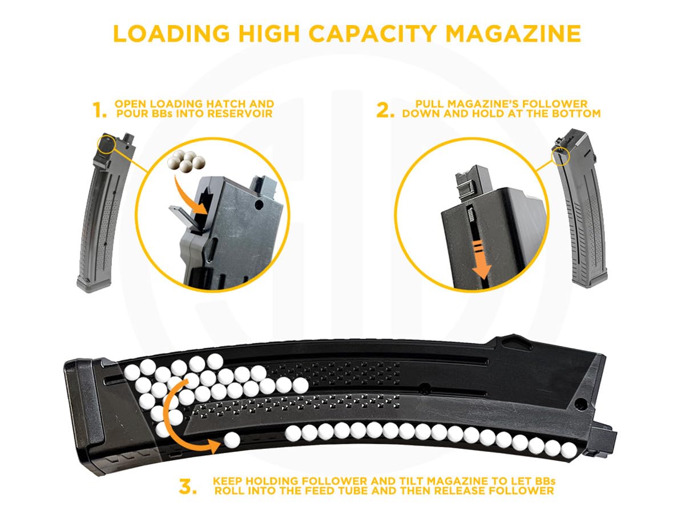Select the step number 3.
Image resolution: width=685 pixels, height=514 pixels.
click(x=188, y=487)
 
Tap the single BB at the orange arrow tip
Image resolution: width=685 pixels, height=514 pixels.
click(x=231, y=440)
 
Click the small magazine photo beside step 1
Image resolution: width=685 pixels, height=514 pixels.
click(x=103, y=211)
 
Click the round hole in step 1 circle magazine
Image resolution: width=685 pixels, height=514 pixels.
click(x=260, y=204)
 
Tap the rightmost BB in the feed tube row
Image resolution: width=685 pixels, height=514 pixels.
click(x=567, y=450)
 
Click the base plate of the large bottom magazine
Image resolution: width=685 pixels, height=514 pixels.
click(x=83, y=417)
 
